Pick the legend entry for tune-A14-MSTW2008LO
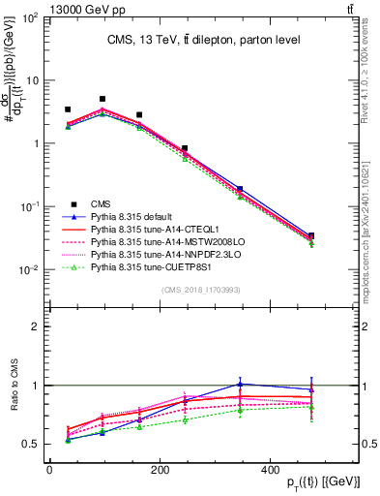pos(155,240)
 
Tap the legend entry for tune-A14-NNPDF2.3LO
pos(155,253)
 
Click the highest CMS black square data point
pos(102,99)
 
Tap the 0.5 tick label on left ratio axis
pos(29,445)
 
